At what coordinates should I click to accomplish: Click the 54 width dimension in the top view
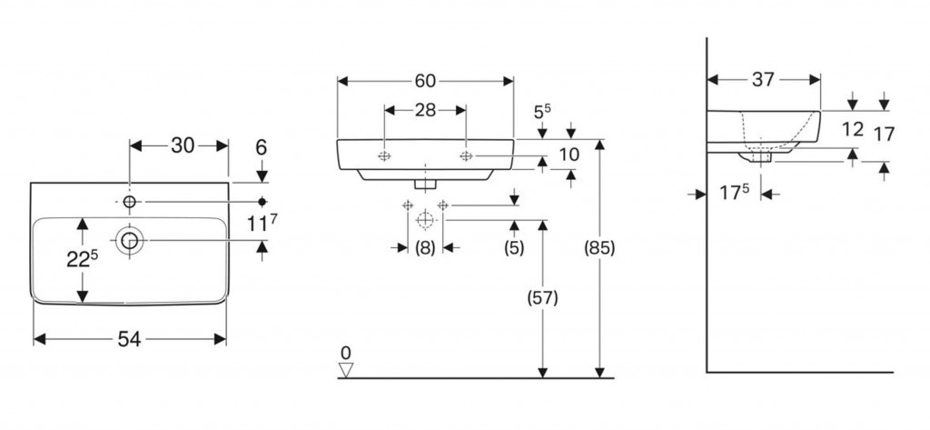click(129, 339)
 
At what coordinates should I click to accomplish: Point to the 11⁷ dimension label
click(261, 219)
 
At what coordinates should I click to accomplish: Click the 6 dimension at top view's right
click(262, 146)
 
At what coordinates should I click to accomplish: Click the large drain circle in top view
click(130, 239)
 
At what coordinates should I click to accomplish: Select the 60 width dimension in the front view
click(425, 81)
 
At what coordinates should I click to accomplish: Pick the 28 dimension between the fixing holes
click(425, 110)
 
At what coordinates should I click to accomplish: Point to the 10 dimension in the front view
click(569, 155)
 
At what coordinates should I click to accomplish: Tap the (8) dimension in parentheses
click(425, 247)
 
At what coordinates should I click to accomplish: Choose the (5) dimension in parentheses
click(515, 247)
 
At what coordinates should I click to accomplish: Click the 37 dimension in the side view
click(763, 80)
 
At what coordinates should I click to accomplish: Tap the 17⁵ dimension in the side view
click(734, 193)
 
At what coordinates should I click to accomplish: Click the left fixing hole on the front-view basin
click(384, 155)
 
